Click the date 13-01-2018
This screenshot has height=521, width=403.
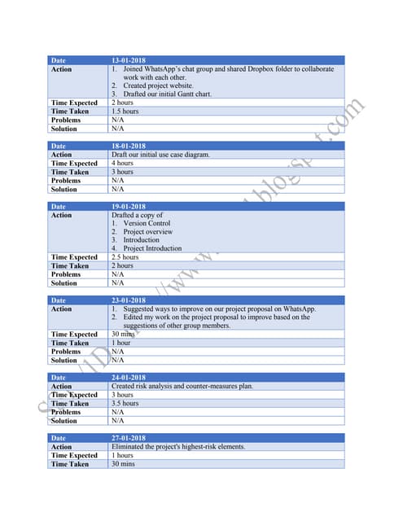point(128,60)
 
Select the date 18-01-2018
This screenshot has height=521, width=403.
point(128,146)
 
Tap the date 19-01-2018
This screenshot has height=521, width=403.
point(128,207)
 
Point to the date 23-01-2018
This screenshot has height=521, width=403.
point(128,300)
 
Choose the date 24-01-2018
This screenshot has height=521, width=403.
point(128,378)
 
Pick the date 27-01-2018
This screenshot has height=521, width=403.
point(128,438)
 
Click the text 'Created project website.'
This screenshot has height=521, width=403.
point(159,85)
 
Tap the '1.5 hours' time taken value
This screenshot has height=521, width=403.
point(125,112)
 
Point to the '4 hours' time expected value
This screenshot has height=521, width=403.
point(122,163)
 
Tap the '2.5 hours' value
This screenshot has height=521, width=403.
point(125,257)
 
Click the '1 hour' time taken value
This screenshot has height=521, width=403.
point(120,343)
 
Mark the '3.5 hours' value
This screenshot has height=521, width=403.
point(125,403)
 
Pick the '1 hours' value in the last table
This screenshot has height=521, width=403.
point(122,455)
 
